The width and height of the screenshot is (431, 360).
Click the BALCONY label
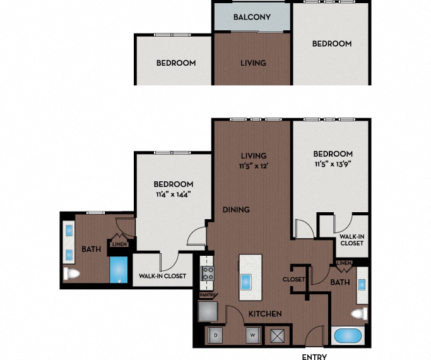pos(252,17)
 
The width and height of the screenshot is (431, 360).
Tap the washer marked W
pos(253,335)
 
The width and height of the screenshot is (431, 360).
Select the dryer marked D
pos(216,335)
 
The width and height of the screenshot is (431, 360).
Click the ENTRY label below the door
pos(314,357)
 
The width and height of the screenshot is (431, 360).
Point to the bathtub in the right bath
pos(348,335)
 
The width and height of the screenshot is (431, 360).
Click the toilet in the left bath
pos(71,273)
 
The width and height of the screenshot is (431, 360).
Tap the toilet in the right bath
pos(360,314)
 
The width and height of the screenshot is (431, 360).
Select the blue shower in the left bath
pos(119,270)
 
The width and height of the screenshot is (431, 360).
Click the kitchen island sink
pos(246,282)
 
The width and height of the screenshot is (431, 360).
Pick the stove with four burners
pos(208,273)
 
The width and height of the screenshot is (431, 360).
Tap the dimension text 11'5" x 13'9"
pos(333,164)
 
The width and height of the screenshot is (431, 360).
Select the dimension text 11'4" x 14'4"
pos(174,195)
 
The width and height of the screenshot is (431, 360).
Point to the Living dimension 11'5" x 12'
pos(254,166)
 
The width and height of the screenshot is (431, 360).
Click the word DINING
pos(236,210)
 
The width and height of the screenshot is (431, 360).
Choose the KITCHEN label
pos(265,314)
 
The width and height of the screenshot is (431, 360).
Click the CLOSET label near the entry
pos(294,279)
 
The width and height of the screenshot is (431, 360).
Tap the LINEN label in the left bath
pos(119,244)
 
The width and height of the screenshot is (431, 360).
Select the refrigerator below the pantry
pos(208,311)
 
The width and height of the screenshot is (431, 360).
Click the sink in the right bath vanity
pos(362,285)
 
